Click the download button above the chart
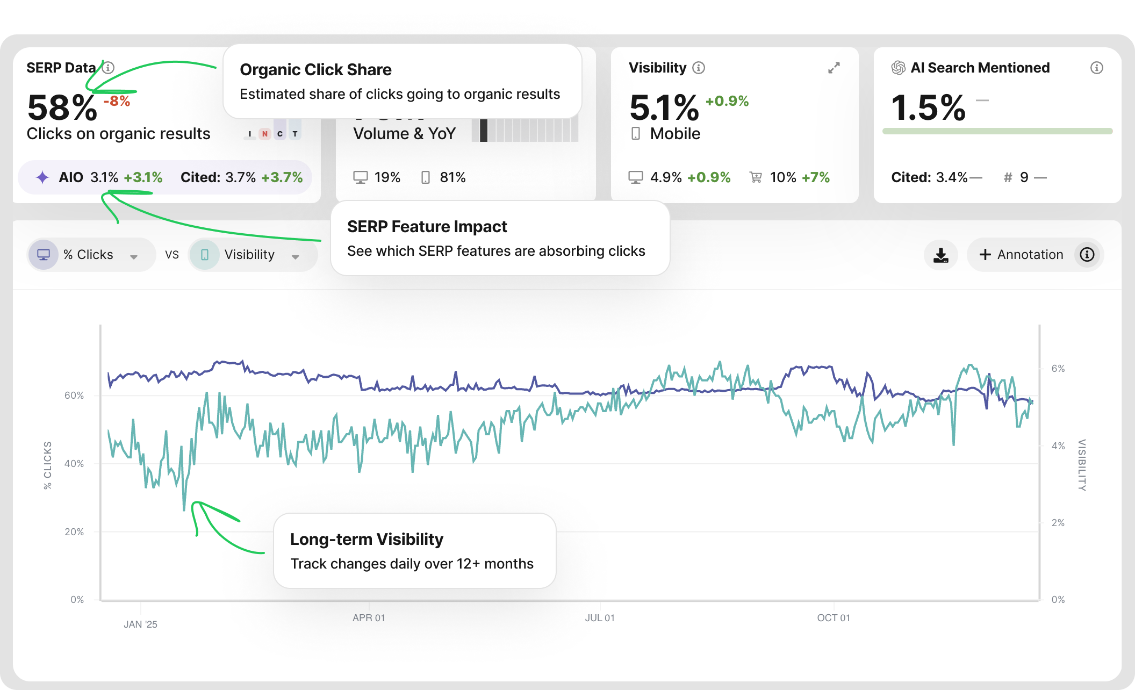pos(940,255)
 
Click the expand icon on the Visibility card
pos(834,68)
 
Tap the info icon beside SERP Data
pos(108,68)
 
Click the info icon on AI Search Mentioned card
pos(1096,68)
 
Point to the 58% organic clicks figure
pos(62,107)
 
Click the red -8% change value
pos(117,101)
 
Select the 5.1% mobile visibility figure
pos(664,107)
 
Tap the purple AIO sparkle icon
pos(42,177)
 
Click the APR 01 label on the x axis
pos(369,618)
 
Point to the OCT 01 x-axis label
pos(834,618)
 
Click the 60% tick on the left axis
pos(74,396)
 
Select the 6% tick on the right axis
pos(1058,369)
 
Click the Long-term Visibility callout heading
pos(367,539)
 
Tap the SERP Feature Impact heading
pos(427,227)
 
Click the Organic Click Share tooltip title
pos(316,70)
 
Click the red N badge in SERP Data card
pos(264,134)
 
